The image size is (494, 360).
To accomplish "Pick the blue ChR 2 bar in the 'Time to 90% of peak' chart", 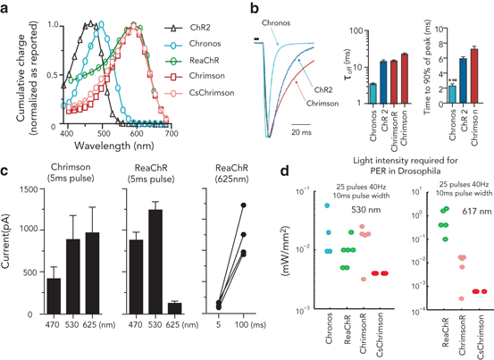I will [x=463, y=80].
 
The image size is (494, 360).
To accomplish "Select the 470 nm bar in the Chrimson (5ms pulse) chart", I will [x=53, y=291].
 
